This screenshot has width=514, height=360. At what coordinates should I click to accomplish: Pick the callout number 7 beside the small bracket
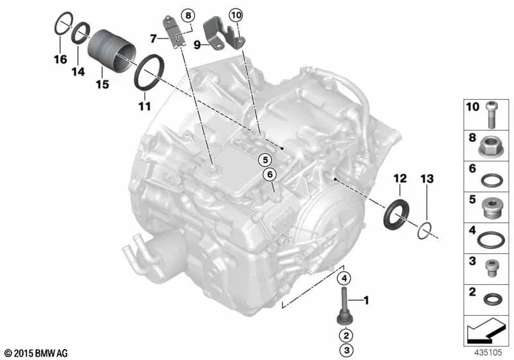(154, 39)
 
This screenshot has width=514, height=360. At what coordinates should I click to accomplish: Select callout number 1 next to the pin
(367, 300)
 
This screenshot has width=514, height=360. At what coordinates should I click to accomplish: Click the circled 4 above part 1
(344, 278)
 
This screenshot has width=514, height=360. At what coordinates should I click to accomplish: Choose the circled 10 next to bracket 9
(235, 14)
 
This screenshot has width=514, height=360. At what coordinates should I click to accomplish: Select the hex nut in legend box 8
(492, 147)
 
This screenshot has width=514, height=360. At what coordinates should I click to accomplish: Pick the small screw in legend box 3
(492, 265)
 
